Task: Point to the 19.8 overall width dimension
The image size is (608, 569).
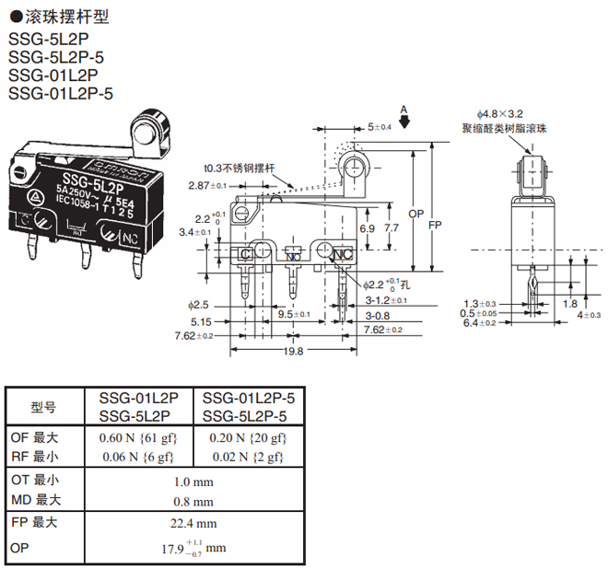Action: pyautogui.click(x=294, y=351)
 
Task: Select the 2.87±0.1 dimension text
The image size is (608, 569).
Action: pyautogui.click(x=211, y=186)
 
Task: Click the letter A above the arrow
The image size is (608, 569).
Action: pyautogui.click(x=403, y=110)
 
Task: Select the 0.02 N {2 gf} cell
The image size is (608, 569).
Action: pyautogui.click(x=249, y=456)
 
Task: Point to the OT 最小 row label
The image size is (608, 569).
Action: pyautogui.click(x=33, y=480)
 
